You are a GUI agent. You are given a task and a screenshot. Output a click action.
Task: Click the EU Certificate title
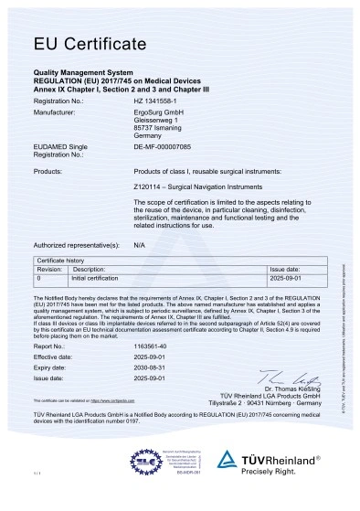90,43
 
